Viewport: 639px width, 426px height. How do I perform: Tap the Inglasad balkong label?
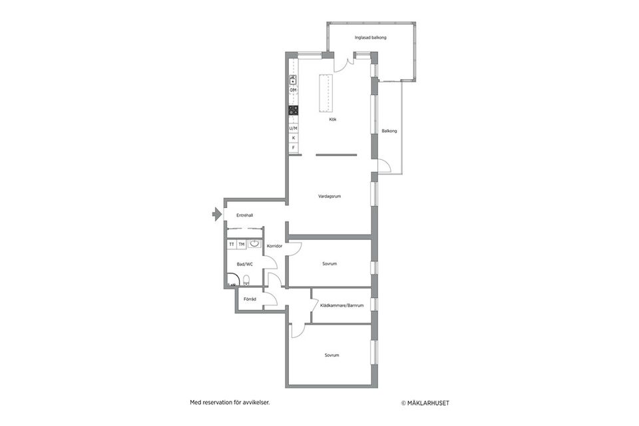[371, 37]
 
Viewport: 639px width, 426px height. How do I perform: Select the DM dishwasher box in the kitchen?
[293, 90]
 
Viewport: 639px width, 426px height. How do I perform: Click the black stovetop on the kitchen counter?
[293, 110]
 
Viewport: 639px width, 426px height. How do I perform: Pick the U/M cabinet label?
[293, 128]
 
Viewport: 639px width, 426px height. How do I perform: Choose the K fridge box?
[294, 138]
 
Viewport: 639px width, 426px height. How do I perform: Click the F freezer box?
[294, 148]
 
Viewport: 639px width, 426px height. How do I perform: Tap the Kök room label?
[333, 119]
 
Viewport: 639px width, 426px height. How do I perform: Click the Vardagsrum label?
[329, 196]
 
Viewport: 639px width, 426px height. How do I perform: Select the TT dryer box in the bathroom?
[232, 244]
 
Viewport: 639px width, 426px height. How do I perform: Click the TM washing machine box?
[242, 244]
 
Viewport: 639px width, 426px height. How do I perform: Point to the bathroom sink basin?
[254, 244]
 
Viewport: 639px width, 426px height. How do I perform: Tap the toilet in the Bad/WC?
[246, 280]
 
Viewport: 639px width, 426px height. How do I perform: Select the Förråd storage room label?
[250, 299]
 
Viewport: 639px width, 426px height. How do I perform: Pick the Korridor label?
[274, 246]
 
